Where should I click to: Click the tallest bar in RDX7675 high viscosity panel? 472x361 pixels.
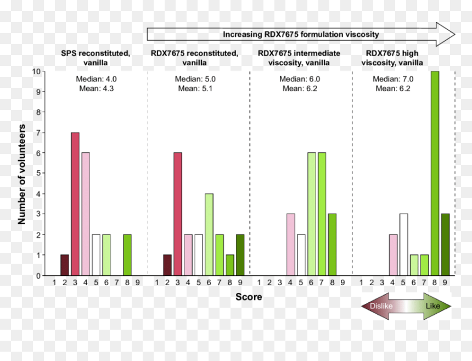435,173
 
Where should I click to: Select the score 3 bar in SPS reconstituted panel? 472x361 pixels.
75,204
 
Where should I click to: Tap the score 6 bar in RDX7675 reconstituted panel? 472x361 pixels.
209,235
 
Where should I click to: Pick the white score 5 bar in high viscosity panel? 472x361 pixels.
403,245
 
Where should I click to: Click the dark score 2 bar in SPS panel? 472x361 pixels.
64,265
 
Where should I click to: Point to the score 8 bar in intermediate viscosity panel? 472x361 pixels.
333,245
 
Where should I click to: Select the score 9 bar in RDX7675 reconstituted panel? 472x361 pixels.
240,255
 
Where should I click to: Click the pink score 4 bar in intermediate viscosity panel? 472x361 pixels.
290,245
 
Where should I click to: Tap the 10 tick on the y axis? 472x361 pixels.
36,72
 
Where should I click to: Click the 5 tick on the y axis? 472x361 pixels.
38,173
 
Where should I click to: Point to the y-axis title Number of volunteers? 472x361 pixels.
21,174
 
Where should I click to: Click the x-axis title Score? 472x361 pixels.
249,297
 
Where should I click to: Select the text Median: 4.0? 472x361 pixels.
97,79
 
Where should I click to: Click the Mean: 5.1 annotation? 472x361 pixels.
195,88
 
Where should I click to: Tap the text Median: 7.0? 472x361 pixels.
393,79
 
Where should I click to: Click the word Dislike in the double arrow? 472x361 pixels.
381,306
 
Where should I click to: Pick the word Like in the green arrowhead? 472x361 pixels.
433,306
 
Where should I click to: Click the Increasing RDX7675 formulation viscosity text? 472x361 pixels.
301,35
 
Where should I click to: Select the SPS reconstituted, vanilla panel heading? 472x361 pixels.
95,58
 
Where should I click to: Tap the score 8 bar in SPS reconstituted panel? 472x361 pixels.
127,255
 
